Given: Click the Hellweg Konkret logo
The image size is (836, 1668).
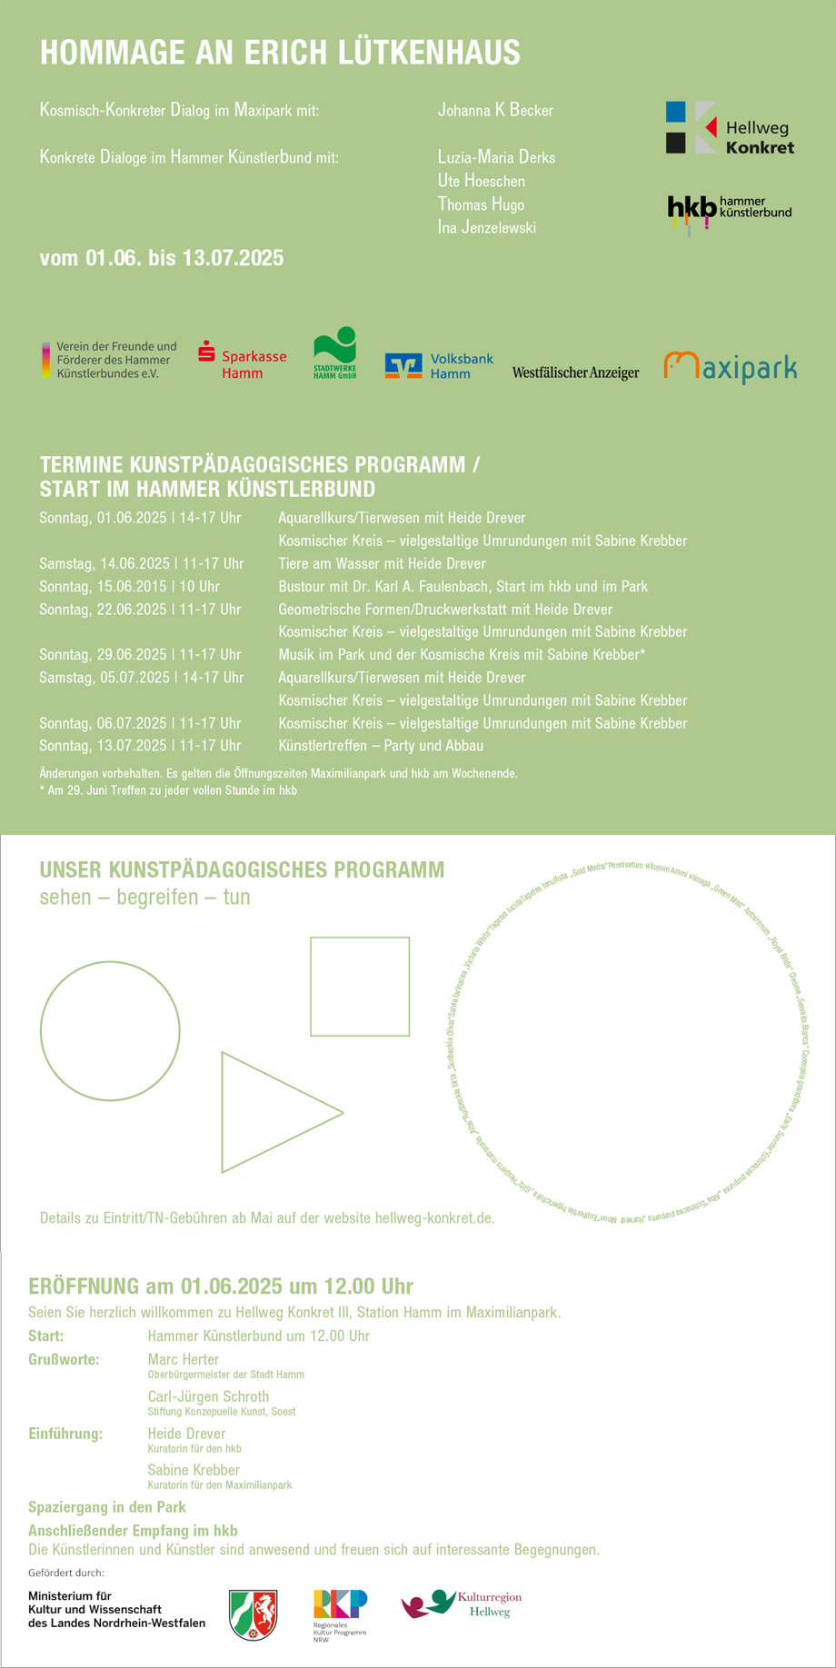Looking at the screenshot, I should click(730, 127).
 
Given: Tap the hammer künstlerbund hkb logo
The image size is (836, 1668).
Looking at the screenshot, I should click(729, 212).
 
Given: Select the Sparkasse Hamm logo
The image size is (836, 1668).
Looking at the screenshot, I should click(242, 360).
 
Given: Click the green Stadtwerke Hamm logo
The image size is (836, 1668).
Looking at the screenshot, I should click(334, 352).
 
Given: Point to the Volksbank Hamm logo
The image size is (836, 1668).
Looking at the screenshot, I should click(439, 365).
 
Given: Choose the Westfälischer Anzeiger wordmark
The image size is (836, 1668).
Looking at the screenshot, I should click(575, 372).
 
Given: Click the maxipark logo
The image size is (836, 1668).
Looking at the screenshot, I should click(730, 366).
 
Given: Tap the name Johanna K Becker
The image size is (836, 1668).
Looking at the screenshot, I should click(495, 110).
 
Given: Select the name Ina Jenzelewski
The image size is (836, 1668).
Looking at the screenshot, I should click(487, 227).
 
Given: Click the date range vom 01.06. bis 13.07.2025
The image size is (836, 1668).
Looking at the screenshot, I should click(162, 258).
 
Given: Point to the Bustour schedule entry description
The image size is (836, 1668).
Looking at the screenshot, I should click(463, 586).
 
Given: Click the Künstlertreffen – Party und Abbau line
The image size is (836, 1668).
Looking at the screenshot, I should click(381, 745).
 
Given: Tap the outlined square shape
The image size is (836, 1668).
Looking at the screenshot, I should click(360, 987).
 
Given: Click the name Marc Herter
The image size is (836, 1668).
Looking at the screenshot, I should click(184, 1359).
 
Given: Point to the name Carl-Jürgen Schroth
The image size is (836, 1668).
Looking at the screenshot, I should click(208, 1396).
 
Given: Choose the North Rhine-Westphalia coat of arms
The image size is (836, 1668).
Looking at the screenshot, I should click(254, 1614).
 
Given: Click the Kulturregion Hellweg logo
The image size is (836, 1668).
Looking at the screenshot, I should click(462, 1604).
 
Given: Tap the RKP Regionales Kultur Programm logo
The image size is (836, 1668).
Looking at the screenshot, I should click(340, 1609).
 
